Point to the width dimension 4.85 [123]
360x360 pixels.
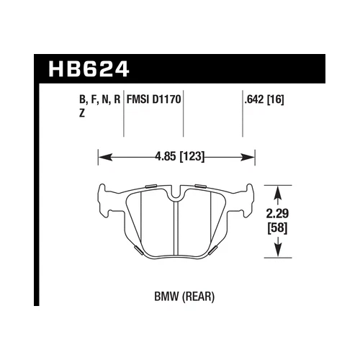177,153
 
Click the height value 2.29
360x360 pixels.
279,214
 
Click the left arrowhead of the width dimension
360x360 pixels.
102,153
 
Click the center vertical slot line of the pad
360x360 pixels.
177,227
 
